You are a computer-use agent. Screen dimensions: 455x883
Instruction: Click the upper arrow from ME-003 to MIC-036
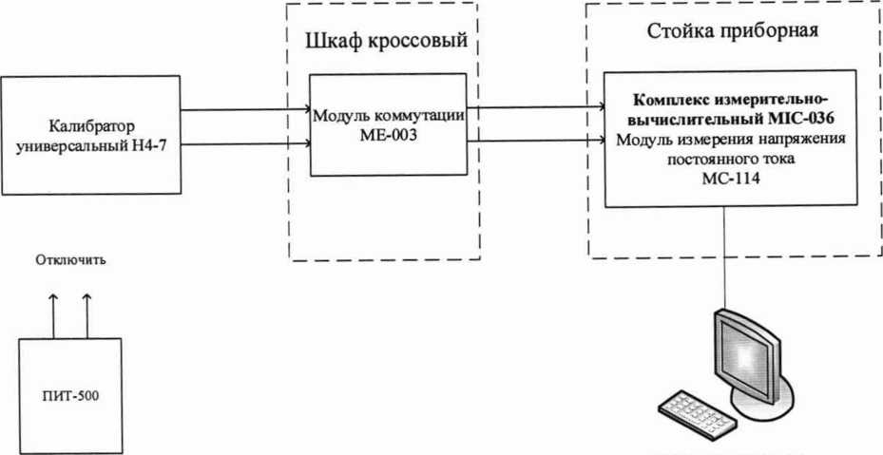point(537,106)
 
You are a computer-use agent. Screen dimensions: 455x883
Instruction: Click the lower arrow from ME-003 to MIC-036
point(537,142)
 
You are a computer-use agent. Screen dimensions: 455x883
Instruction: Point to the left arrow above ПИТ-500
point(53,313)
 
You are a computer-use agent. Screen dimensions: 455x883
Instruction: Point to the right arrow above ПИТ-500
point(87,313)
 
